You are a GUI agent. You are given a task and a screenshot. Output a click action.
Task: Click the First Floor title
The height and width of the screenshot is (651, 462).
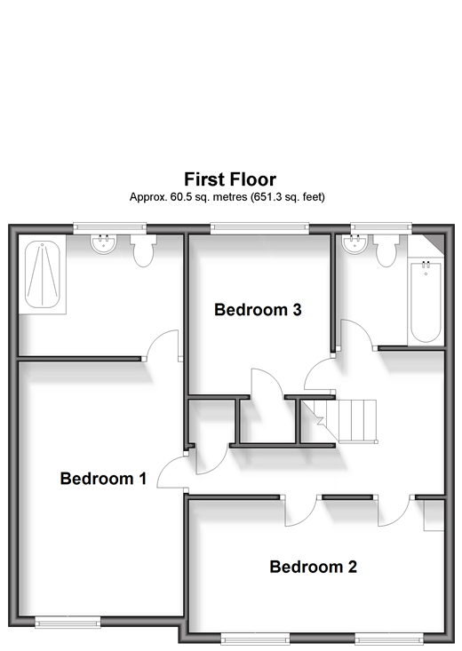pos(230,179)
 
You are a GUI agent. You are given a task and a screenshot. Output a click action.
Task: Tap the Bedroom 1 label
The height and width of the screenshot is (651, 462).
pos(103,479)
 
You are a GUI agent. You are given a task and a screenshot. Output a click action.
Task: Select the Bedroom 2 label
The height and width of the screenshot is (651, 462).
pos(314,567)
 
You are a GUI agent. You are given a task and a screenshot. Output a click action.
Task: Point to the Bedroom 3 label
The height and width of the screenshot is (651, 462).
pos(258,310)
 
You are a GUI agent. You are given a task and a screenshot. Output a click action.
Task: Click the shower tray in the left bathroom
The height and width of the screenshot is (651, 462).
pos(43,274)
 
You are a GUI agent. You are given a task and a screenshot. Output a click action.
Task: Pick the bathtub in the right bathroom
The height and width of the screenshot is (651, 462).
pos(426,302)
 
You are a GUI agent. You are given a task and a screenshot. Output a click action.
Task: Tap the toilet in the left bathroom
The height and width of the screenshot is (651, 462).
pos(143,250)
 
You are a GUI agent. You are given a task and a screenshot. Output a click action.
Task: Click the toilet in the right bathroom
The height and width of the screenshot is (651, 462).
pos(386,250)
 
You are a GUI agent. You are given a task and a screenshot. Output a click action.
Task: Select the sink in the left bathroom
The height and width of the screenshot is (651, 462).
pos(103,244)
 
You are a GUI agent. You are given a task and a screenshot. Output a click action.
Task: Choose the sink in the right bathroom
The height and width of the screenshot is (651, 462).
pos(354,243)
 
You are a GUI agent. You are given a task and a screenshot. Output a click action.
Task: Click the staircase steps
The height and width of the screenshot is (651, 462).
pos(345,421)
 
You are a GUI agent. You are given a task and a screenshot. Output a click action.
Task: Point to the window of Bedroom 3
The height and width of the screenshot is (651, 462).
pos(259,227)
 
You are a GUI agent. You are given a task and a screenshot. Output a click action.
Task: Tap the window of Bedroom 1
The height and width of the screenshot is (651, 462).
pos(68,622)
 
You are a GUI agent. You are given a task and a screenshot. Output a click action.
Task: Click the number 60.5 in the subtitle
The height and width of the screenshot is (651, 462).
pos(180,197)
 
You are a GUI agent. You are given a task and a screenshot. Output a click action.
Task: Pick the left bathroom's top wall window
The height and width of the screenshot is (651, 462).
pos(109,227)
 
